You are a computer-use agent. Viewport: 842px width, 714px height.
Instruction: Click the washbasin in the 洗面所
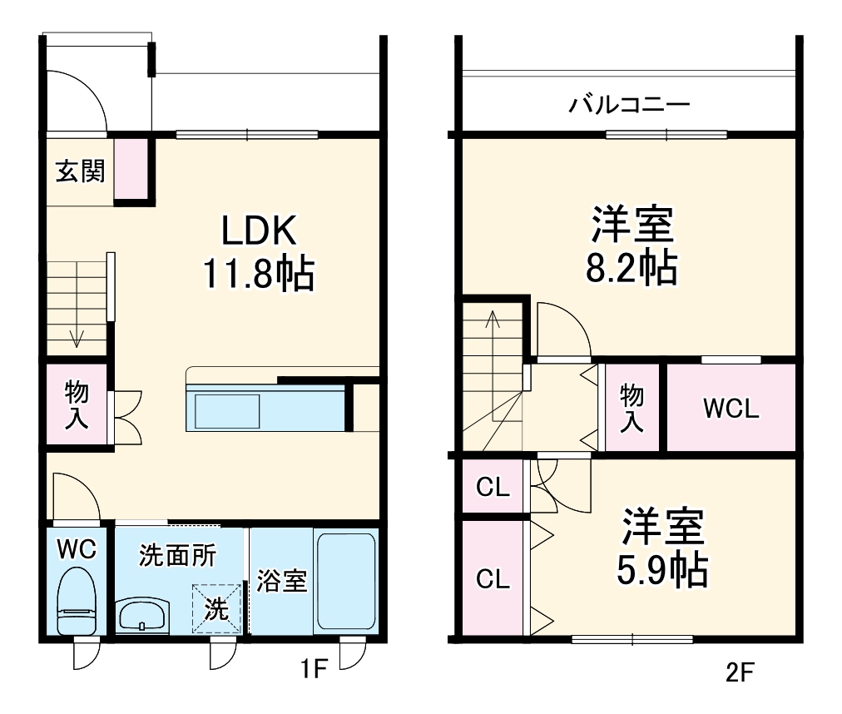pyautogui.click(x=143, y=616)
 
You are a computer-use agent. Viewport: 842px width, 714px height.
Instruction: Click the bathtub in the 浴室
pyautogui.click(x=346, y=581)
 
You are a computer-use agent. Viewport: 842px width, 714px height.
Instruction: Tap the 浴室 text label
pyautogui.click(x=281, y=580)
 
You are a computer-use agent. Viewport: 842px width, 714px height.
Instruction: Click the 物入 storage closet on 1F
pyautogui.click(x=77, y=405)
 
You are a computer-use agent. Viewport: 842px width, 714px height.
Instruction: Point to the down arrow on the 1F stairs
pyautogui.click(x=77, y=336)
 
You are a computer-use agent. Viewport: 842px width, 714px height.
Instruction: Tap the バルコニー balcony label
pyautogui.click(x=629, y=106)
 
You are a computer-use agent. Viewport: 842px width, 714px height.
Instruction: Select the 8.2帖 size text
pyautogui.click(x=632, y=268)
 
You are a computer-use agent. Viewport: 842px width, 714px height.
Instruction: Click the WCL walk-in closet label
pyautogui.click(x=731, y=409)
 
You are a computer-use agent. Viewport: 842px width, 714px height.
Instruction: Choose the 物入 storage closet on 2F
pyautogui.click(x=631, y=408)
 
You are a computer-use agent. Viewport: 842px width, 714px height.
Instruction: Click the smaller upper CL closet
pyautogui.click(x=493, y=488)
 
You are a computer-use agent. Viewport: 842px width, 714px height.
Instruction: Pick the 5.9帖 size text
pyautogui.click(x=662, y=569)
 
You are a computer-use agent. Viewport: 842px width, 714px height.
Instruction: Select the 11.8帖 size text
pyautogui.click(x=258, y=272)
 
